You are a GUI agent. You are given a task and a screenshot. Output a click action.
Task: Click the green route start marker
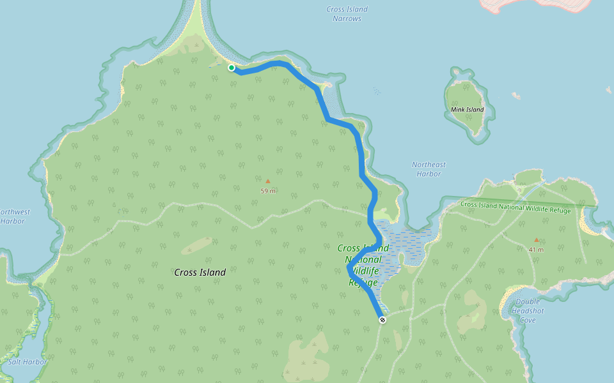click(x=232, y=68)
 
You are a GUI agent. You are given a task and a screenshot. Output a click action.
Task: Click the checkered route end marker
click(x=382, y=320)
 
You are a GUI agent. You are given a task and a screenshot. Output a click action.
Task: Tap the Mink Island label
click(x=467, y=110)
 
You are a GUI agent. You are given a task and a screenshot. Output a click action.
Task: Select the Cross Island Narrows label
click(x=347, y=14)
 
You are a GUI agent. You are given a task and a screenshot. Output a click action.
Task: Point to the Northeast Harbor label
click(x=429, y=169)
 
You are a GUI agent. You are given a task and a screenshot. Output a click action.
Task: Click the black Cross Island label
click(x=200, y=273)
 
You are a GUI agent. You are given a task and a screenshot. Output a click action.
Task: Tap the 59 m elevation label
click(x=268, y=191)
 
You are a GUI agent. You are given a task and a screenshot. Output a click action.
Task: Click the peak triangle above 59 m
click(x=268, y=182)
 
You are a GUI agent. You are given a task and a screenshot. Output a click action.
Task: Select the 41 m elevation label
click(x=536, y=250)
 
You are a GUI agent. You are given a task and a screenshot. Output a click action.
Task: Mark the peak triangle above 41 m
click(x=536, y=240)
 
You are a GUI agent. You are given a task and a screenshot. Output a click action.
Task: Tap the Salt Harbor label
click(x=28, y=362)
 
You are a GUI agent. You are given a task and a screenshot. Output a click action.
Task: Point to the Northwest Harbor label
click(x=13, y=216)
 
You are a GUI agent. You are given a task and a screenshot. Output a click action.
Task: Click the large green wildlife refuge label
click(x=363, y=265)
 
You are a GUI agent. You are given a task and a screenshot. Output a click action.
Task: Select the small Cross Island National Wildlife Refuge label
click(x=515, y=207)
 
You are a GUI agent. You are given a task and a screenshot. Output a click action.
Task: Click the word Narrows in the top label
click(x=347, y=19)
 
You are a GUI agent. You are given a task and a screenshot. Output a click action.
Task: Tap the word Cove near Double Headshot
click(x=527, y=320)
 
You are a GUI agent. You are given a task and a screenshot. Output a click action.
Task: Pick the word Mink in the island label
click(x=458, y=110)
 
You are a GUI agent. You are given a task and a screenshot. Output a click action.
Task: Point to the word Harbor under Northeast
click(x=429, y=174)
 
